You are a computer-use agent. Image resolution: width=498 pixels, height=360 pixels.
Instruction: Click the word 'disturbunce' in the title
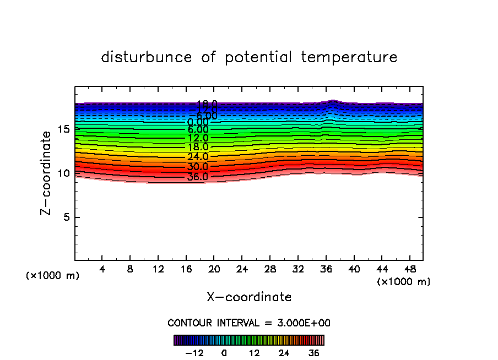coord(147,57)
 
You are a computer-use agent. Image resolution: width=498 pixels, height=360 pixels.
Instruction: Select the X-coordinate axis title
coord(249,297)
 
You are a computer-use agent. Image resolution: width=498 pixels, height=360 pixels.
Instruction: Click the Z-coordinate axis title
coord(46,173)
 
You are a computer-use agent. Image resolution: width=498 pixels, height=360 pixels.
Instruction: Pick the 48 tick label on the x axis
coord(409,270)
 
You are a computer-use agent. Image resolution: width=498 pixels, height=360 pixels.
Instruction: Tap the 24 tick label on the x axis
coord(242,270)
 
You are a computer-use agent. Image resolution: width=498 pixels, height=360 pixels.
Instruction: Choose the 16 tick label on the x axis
coord(186,270)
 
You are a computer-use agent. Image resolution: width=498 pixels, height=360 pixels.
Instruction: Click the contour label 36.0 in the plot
coord(197,177)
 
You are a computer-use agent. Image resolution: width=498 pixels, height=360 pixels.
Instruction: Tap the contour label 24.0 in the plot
coord(197,157)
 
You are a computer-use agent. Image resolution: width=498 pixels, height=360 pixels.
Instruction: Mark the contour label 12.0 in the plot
coord(197,138)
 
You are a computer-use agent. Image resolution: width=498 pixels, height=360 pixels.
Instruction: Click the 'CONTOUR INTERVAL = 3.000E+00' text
coord(249,323)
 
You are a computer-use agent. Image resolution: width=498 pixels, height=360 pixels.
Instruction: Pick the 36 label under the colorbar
coord(314,353)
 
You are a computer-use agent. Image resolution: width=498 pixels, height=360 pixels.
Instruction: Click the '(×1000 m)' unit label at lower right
coord(404,282)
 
